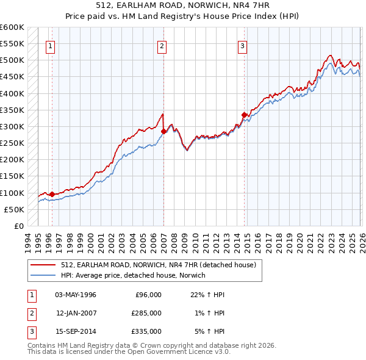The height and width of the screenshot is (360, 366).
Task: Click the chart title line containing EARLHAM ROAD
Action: tap(183, 5)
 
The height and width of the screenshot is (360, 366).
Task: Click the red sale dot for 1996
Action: tap(52, 194)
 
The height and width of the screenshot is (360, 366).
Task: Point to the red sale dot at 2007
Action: tap(163, 131)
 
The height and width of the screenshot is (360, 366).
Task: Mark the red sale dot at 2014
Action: tap(244, 115)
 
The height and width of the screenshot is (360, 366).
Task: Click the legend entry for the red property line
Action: tap(162, 265)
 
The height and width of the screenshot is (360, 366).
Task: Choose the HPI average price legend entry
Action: tap(133, 275)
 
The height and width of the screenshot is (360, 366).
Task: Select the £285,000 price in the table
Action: tap(146, 313)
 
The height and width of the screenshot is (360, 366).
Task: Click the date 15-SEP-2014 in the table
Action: tap(75, 331)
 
